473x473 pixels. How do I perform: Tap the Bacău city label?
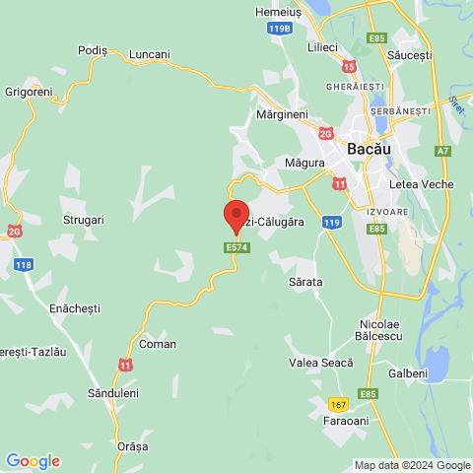(x=370, y=148)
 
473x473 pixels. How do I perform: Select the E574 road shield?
(x=236, y=248)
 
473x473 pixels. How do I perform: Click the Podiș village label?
(x=92, y=51)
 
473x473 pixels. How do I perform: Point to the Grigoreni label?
(x=28, y=91)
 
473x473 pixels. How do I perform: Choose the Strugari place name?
(x=83, y=220)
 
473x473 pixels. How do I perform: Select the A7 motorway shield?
(x=443, y=150)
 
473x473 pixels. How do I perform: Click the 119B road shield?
(x=280, y=30)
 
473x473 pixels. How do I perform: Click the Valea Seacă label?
(x=320, y=362)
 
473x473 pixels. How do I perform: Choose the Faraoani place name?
(x=350, y=422)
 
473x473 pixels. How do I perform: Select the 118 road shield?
(x=23, y=264)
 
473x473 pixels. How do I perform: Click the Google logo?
(x=33, y=460)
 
